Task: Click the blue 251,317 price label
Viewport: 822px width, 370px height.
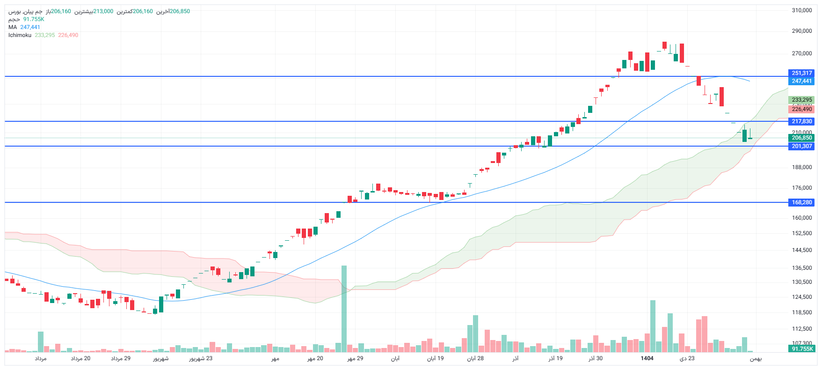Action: click(801, 73)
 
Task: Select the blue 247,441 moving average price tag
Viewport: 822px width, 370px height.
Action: click(801, 81)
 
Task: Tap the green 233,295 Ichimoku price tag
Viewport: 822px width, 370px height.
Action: click(801, 100)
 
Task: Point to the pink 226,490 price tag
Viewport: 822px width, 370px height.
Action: click(801, 109)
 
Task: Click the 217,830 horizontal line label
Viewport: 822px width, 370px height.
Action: click(801, 121)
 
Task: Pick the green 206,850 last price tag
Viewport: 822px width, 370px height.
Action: click(801, 138)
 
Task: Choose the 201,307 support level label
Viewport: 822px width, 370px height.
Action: click(801, 146)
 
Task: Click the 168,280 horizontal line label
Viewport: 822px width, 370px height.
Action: click(801, 202)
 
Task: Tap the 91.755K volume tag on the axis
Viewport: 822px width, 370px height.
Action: click(802, 349)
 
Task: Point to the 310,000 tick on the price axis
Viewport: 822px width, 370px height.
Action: click(801, 10)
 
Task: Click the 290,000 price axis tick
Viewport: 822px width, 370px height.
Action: click(801, 31)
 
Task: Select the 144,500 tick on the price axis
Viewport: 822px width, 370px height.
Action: click(801, 250)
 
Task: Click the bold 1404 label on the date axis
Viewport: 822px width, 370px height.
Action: click(647, 358)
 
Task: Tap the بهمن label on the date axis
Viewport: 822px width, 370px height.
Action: click(756, 359)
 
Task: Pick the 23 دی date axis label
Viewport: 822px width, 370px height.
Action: click(687, 358)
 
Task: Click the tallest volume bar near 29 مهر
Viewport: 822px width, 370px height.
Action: click(344, 309)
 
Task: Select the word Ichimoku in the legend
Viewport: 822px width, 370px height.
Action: click(20, 35)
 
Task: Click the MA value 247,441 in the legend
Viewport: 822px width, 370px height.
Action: click(30, 27)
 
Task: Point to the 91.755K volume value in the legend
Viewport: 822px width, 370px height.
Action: click(34, 19)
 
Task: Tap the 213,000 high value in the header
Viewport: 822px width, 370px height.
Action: click(103, 11)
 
